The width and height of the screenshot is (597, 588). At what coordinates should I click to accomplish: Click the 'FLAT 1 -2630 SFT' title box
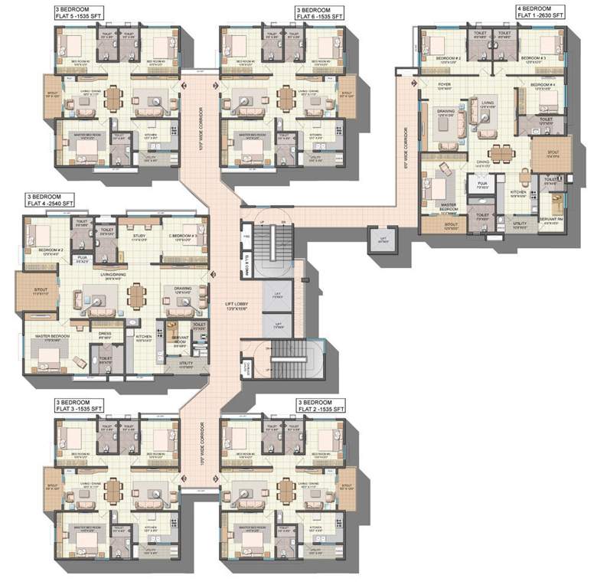coord(540,11)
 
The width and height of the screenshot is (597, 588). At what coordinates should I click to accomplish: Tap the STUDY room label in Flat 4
coord(139,237)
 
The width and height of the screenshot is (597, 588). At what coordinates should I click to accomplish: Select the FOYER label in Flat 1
coord(444,85)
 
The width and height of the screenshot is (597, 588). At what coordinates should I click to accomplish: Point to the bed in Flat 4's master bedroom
coord(47,351)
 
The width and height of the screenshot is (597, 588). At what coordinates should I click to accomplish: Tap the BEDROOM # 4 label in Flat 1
coord(542,85)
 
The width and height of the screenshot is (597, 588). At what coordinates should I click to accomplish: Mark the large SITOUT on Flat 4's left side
coord(32,292)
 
